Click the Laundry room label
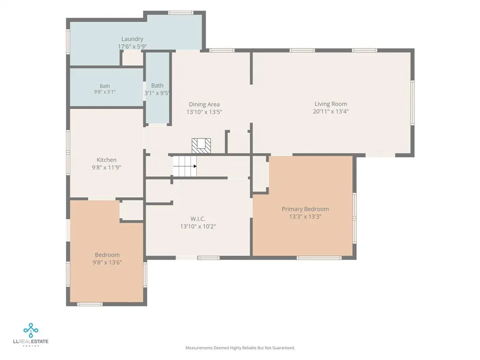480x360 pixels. (x=132, y=39)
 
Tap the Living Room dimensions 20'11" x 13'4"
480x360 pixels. (x=330, y=112)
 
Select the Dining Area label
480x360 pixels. (x=204, y=105)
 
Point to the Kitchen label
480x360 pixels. (x=106, y=160)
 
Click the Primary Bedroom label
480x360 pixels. (x=305, y=209)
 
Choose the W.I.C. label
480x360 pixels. (x=198, y=219)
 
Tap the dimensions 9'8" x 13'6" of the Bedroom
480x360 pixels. (x=107, y=262)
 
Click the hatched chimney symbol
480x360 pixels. (x=201, y=146)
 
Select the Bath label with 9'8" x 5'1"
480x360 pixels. (x=105, y=86)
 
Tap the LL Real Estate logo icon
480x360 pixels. (x=31, y=330)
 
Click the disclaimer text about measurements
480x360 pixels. (x=240, y=348)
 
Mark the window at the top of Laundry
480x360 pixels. (x=180, y=13)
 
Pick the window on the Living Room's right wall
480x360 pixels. (x=412, y=103)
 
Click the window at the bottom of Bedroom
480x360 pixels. (x=90, y=304)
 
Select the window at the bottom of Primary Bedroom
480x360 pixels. (x=319, y=258)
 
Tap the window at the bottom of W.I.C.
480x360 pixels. (x=209, y=258)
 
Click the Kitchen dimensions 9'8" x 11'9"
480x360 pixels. (x=106, y=167)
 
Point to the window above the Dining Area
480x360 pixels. (x=222, y=51)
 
